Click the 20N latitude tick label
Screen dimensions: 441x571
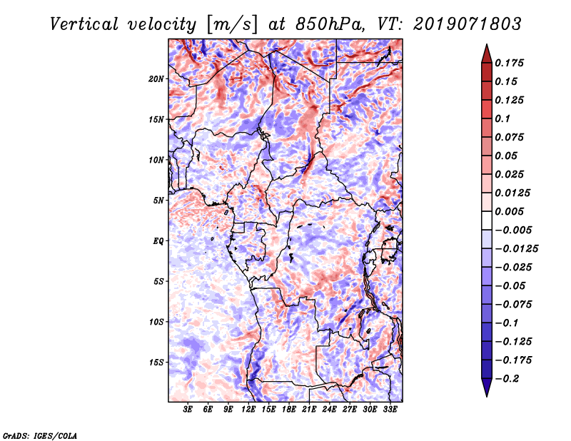(x=156, y=78)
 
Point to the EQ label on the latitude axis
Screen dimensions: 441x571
(x=158, y=241)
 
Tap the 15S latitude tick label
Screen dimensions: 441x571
(x=156, y=363)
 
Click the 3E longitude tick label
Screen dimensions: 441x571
(x=188, y=410)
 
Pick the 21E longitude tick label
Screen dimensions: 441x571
(x=309, y=410)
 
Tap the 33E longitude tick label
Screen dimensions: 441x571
(x=390, y=410)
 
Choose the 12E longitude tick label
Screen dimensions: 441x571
(x=248, y=410)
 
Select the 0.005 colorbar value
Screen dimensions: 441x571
(x=511, y=212)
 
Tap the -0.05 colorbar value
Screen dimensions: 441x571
(x=513, y=286)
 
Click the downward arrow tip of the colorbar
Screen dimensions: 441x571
(x=485, y=395)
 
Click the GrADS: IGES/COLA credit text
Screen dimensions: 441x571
(x=39, y=435)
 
